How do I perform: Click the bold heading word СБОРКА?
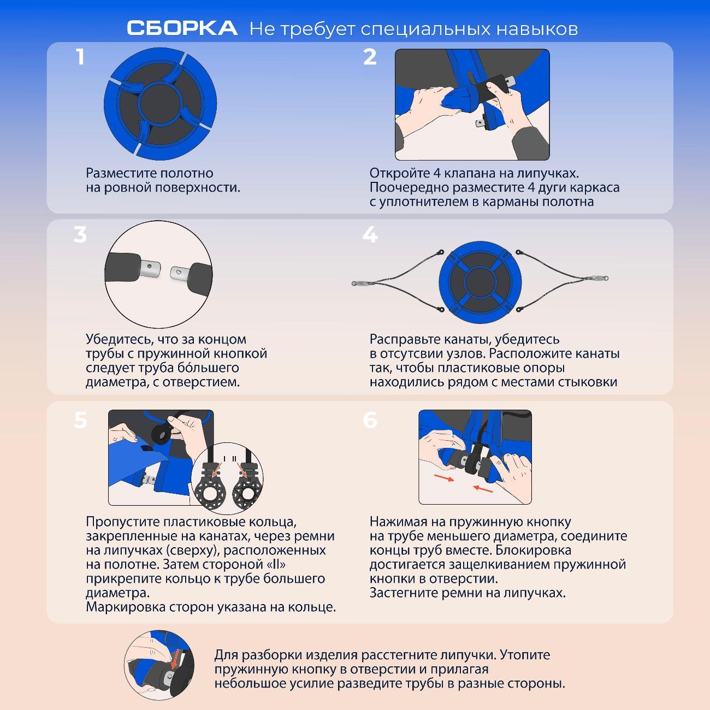click(182, 28)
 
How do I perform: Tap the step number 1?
click(80, 57)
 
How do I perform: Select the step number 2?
click(370, 57)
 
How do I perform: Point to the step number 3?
click(80, 235)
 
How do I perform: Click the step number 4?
click(370, 235)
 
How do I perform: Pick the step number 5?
click(80, 421)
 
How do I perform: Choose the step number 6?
click(370, 421)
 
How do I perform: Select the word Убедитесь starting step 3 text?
click(120, 339)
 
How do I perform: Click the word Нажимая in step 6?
click(394, 522)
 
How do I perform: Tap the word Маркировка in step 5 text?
click(125, 607)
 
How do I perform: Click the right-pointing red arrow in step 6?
click(444, 478)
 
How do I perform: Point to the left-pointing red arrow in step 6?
click(483, 489)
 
